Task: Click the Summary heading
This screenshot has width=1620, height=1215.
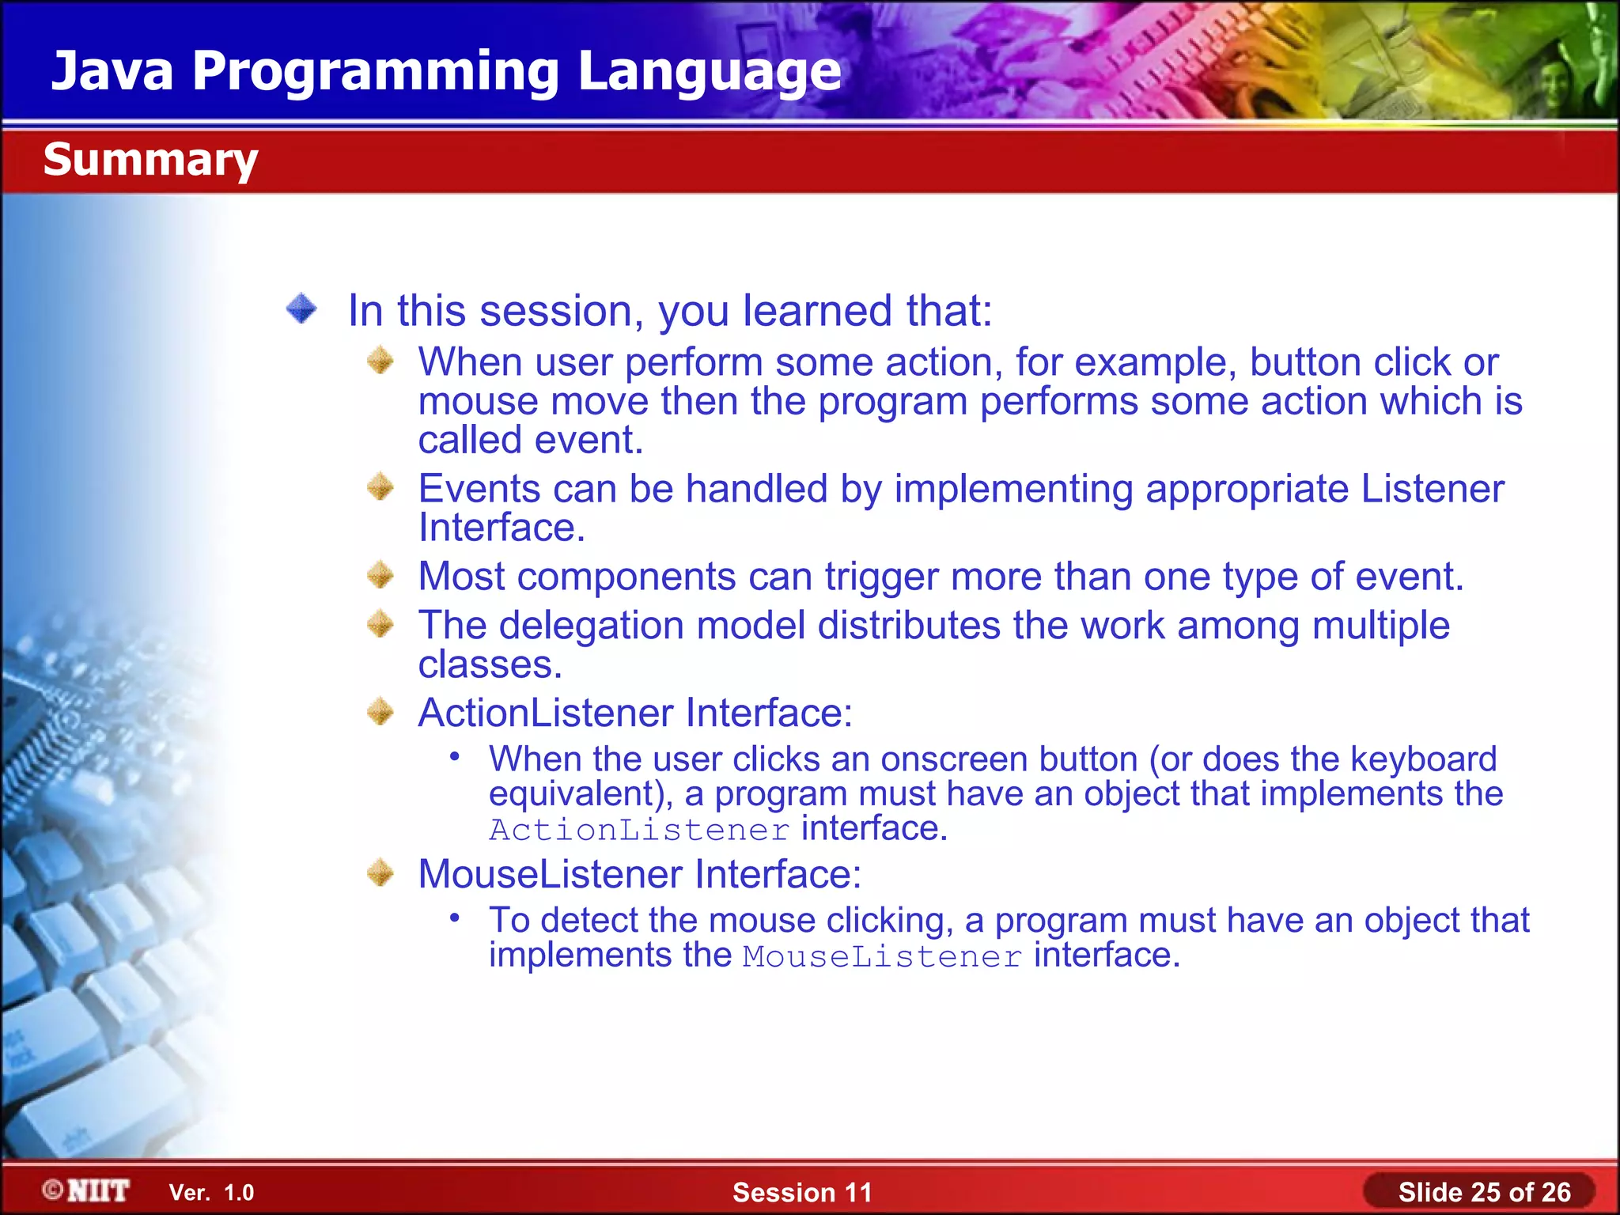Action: click(150, 159)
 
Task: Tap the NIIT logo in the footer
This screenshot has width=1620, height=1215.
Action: click(87, 1190)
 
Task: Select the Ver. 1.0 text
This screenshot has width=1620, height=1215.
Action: click(211, 1192)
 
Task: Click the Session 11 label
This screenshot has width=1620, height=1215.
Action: click(801, 1192)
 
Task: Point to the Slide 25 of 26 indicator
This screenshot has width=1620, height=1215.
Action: click(1483, 1192)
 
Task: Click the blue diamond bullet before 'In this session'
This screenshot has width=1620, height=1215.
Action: click(301, 308)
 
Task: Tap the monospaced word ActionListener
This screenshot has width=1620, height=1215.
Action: click(639, 830)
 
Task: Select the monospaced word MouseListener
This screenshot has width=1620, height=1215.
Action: click(882, 956)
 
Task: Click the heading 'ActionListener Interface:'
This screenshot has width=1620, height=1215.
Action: click(635, 713)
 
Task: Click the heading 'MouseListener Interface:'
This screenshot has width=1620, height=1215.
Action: click(639, 874)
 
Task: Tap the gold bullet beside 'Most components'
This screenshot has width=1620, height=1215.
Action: click(380, 575)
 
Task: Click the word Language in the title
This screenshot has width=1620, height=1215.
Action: click(709, 71)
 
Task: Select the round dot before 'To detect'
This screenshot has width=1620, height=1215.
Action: click(455, 918)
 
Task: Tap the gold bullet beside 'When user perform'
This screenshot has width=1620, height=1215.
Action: click(380, 361)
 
